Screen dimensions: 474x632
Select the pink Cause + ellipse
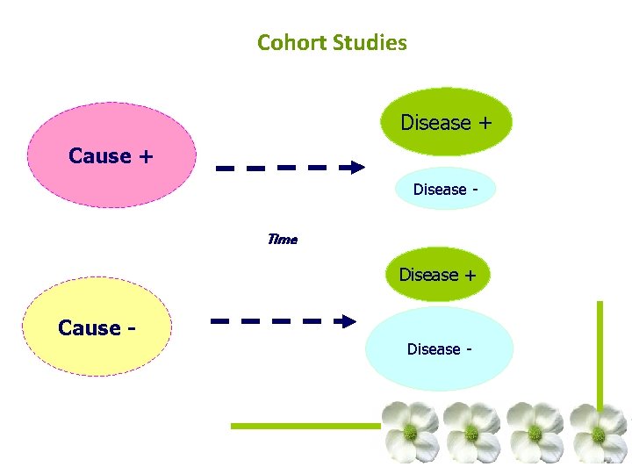coord(111,155)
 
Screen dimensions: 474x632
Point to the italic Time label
coord(282,239)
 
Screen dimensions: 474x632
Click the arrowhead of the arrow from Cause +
coord(356,167)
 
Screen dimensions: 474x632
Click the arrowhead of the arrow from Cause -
coord(349,321)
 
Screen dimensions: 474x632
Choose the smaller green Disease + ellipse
coord(438,275)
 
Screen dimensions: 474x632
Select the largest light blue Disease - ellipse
coord(439,349)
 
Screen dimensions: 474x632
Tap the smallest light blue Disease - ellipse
coord(439,189)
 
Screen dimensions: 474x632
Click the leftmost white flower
coord(410,432)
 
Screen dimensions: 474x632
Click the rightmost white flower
coord(599,432)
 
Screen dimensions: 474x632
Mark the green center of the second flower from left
coord(471,432)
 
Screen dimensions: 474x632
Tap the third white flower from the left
coord(535,432)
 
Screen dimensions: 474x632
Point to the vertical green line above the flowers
coord(600,351)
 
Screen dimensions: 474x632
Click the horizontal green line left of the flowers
coord(303,426)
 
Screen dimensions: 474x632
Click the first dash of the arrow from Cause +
coord(226,167)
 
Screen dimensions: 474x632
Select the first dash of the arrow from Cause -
coord(220,321)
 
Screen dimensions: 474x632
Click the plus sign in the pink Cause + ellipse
coord(146,156)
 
